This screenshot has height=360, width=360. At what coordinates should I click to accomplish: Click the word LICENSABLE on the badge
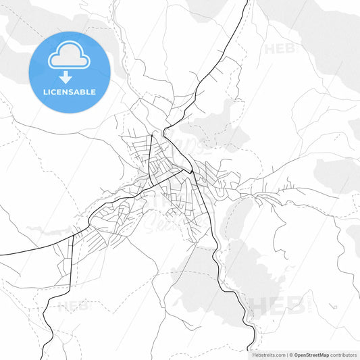click(70, 91)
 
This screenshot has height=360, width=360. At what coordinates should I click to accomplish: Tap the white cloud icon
click(69, 57)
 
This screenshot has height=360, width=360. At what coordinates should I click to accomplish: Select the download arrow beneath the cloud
click(69, 76)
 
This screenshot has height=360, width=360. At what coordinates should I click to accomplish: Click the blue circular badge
click(70, 72)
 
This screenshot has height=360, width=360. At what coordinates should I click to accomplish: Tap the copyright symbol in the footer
click(290, 354)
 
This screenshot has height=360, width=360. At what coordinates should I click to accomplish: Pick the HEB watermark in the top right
click(279, 49)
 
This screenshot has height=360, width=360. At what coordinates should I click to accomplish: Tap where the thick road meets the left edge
click(1, 254)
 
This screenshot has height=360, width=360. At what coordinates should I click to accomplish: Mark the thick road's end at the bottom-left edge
click(43, 358)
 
